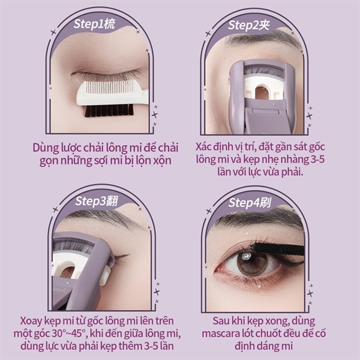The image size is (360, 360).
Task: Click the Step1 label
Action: click(94, 25)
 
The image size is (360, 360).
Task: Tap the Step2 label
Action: click(248, 25)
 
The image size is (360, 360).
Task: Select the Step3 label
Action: click(97, 201)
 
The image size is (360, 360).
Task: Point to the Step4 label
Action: click(250, 203)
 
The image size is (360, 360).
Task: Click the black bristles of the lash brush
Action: click(109, 110)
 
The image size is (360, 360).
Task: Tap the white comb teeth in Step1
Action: click(109, 87)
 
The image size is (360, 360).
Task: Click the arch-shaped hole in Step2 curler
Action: click(262, 92)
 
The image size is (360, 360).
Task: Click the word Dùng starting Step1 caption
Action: click(46, 148)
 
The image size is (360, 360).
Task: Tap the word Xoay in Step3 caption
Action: click(31, 321)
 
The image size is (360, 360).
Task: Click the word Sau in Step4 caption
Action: click(221, 321)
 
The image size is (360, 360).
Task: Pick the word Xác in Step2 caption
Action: click(203, 147)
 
